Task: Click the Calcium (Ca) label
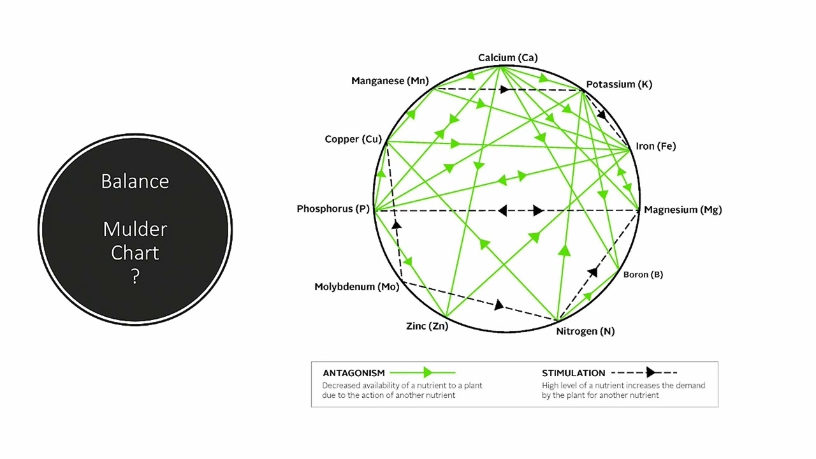click(x=508, y=57)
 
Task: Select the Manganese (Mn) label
click(x=390, y=80)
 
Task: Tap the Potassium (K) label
click(x=619, y=84)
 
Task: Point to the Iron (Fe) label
click(x=656, y=146)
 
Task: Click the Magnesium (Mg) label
click(x=683, y=210)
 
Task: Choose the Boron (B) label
click(x=643, y=274)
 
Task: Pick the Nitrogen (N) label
click(x=585, y=331)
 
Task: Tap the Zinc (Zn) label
click(x=427, y=326)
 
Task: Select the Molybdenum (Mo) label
click(x=356, y=287)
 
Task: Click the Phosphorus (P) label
click(x=333, y=208)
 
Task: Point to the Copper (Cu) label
click(x=353, y=139)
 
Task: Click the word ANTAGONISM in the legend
click(x=354, y=373)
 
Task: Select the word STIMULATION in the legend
click(x=573, y=373)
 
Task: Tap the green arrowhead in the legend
click(x=428, y=373)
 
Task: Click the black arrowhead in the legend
click(x=651, y=372)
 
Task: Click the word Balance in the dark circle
click(x=135, y=182)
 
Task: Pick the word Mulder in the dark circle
click(x=135, y=229)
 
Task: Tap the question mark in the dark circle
click(x=135, y=277)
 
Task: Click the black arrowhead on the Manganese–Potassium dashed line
click(x=504, y=89)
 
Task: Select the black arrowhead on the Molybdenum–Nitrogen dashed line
click(x=499, y=305)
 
